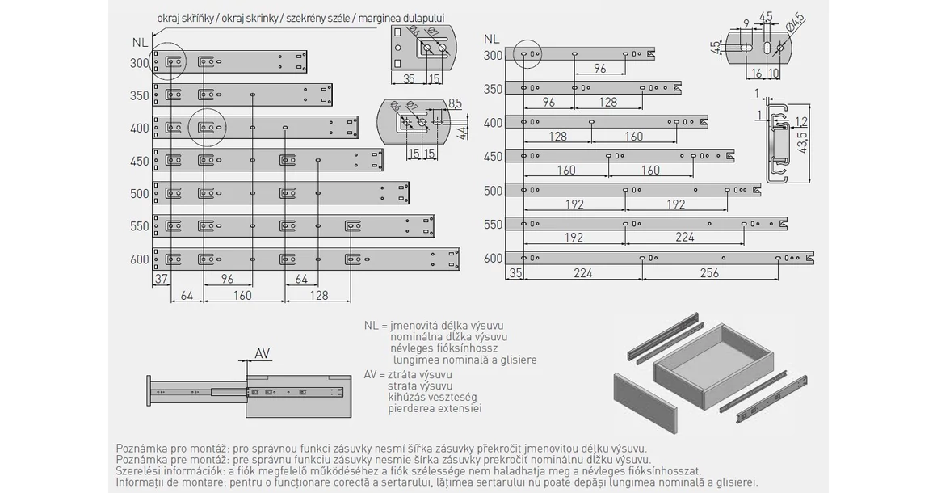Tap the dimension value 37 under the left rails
coord(160,280)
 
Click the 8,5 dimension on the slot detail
coord(454,103)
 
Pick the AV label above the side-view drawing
coord(263,353)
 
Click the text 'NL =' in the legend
coord(376,325)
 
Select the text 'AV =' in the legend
coord(376,374)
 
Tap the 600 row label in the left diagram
coord(139,259)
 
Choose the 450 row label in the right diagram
coord(494,157)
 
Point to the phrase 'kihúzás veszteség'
coord(432,397)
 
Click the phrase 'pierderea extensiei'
coord(435,408)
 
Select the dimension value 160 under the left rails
coord(243,296)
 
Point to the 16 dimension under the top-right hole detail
coord(756,74)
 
